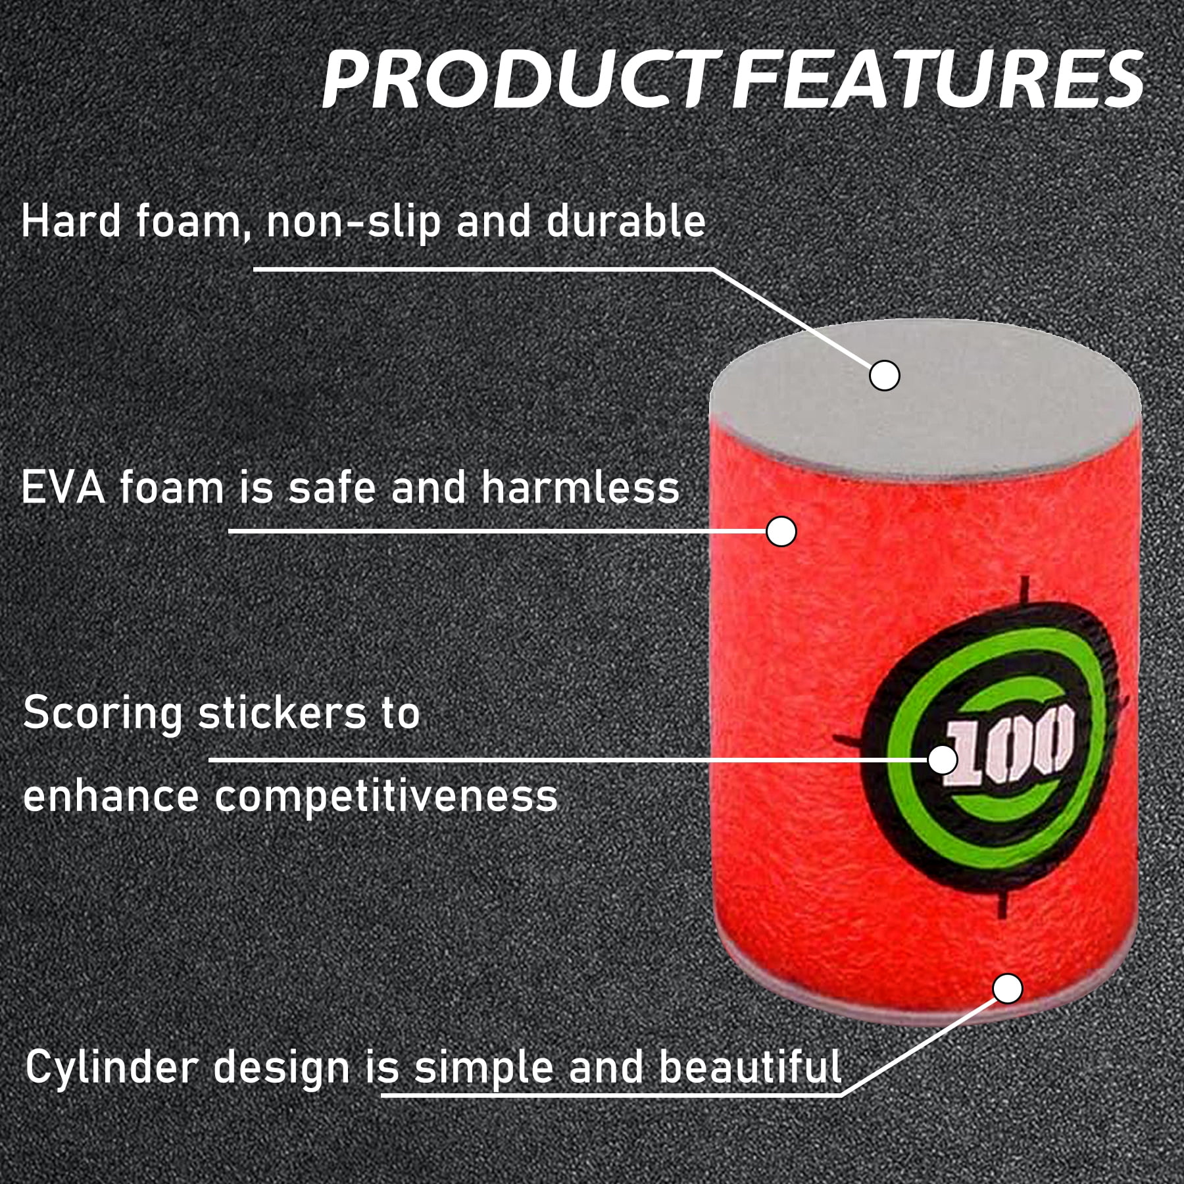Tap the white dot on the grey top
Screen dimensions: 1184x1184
coord(884,376)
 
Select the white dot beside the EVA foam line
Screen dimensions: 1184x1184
coord(781,531)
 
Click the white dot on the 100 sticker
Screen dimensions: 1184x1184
coord(943,760)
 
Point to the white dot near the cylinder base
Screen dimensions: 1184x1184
coord(1007,989)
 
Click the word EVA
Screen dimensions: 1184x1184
coord(63,487)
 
